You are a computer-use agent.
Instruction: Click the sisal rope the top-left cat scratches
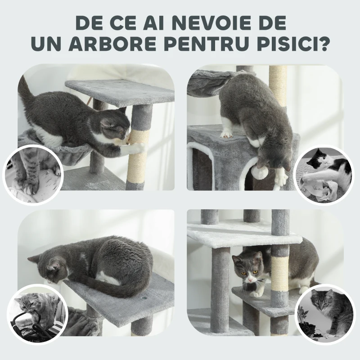click(140, 155)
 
